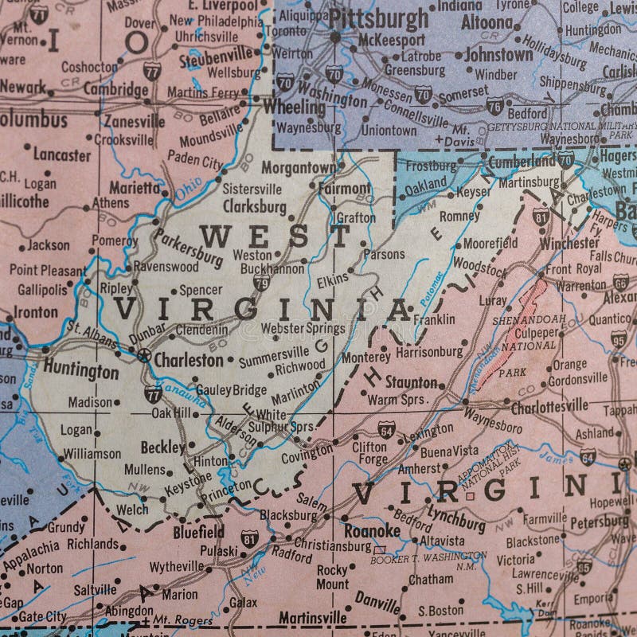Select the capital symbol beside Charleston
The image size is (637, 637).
(143, 355)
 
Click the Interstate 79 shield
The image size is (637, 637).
(261, 283)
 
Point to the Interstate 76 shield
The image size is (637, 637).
(494, 104)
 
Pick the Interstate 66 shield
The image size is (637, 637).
(620, 281)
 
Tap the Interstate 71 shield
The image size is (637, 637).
(38, 13)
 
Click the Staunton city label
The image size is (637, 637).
(411, 382)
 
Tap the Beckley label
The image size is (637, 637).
(162, 447)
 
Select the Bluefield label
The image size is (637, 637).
(198, 531)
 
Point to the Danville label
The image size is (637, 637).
(377, 597)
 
